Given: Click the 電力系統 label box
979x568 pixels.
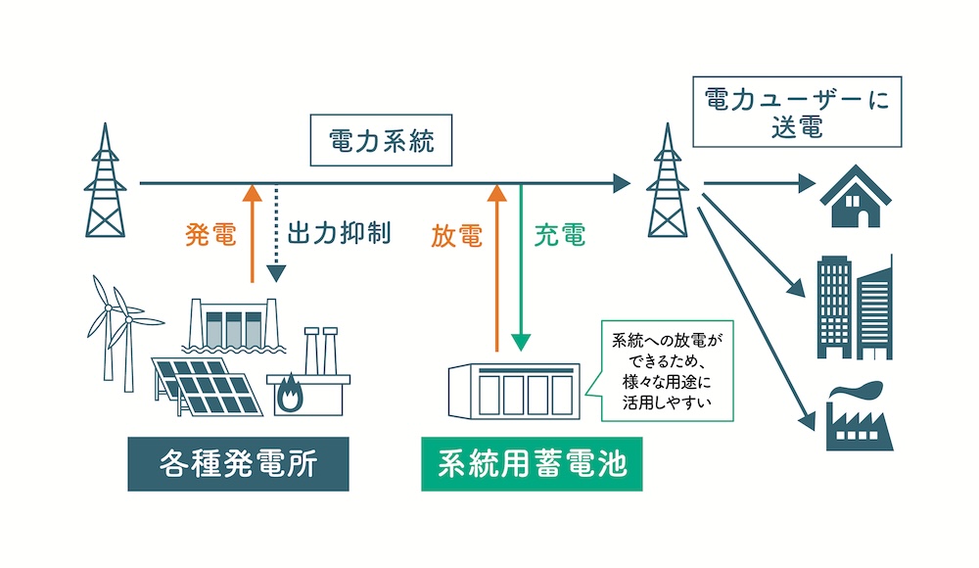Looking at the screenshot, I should [380, 143].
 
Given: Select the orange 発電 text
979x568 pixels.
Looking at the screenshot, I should [210, 235].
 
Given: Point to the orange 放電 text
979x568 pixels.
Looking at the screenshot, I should [456, 235].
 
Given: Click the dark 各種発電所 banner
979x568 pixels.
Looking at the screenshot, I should [238, 464].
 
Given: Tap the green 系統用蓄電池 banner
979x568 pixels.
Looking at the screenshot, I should [532, 464].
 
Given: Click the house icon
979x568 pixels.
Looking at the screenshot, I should [855, 195].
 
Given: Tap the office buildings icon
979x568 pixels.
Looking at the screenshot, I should [855, 306].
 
